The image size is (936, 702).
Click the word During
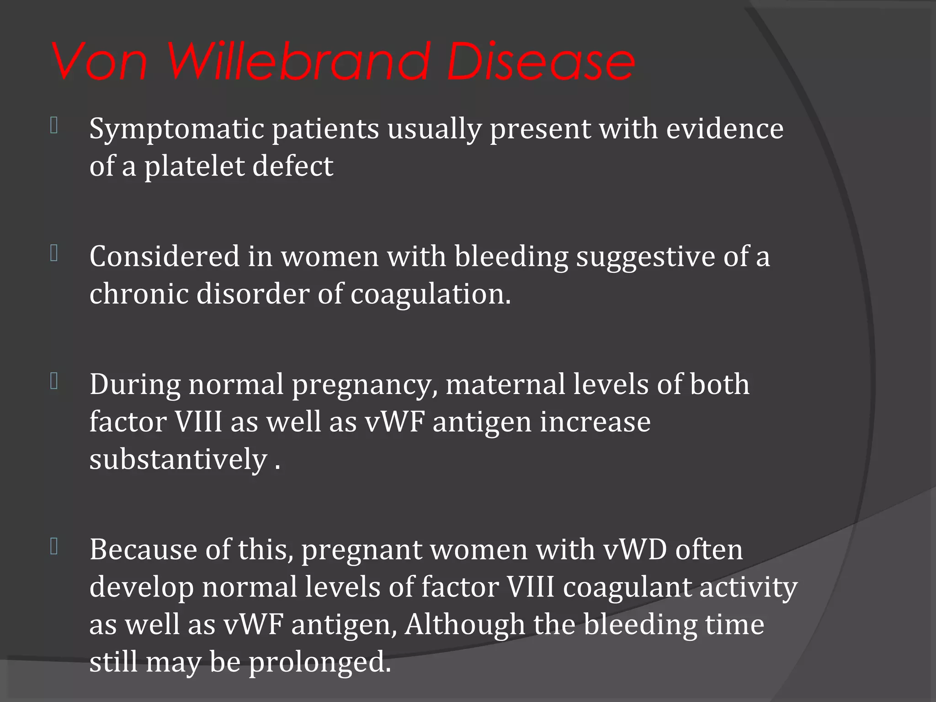135,384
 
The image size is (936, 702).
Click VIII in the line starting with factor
199,422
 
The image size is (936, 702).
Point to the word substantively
178,459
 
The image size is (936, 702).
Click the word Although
464,625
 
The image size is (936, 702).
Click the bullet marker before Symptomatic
54,126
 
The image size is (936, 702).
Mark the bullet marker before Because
54,546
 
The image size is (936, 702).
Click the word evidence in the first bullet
725,129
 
